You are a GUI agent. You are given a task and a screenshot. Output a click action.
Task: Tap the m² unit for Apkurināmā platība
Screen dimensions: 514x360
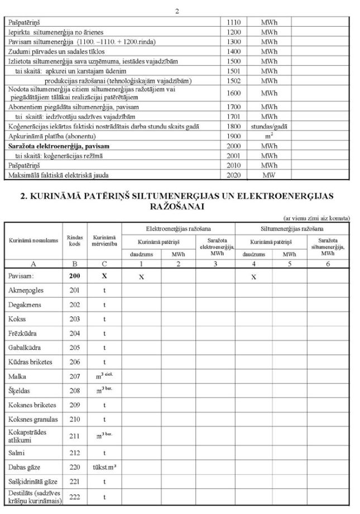coord(269,136)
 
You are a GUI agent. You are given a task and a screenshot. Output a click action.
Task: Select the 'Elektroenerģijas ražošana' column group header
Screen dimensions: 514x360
coord(178,228)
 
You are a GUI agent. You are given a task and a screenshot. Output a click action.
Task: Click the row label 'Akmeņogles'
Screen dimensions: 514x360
coord(25,291)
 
